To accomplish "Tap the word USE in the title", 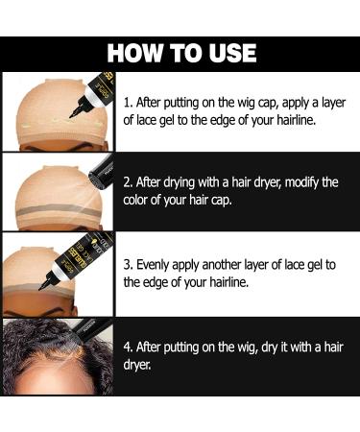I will [231, 52].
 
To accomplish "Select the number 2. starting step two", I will [130, 181].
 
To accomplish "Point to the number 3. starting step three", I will [130, 263].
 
